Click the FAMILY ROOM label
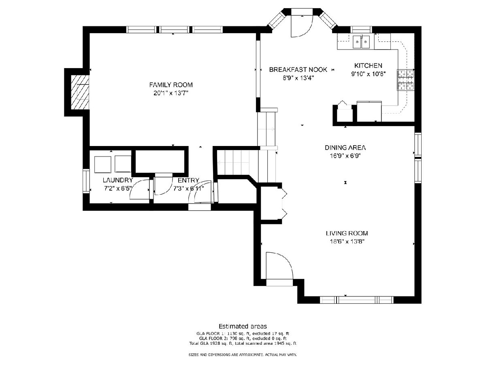(171, 85)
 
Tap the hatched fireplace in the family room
(80, 92)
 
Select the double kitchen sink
(361, 42)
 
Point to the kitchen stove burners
(405, 80)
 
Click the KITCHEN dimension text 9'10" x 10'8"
(369, 74)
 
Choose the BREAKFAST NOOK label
(298, 70)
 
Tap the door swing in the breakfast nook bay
(302, 26)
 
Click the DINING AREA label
(345, 148)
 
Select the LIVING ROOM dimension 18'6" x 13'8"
(347, 241)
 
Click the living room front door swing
(279, 266)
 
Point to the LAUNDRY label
(118, 180)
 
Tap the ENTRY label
(188, 180)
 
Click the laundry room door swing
(140, 189)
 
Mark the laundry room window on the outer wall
(86, 181)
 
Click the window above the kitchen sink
(361, 30)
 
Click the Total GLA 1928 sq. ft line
(243, 344)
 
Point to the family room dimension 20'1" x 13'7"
(171, 93)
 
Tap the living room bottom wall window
(356, 300)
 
